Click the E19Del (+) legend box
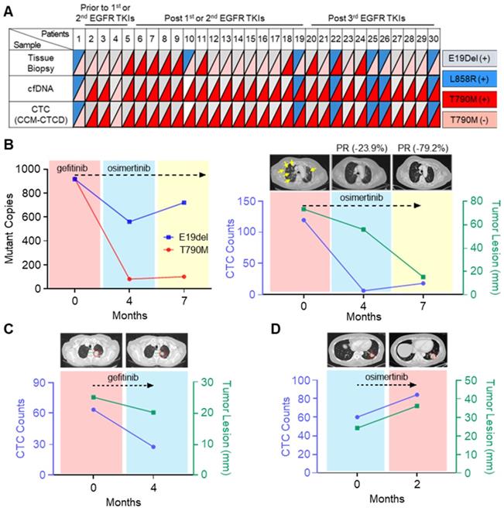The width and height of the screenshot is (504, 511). [x=471, y=59]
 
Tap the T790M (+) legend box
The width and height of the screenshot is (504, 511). [x=471, y=98]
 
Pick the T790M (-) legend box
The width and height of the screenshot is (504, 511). [x=471, y=118]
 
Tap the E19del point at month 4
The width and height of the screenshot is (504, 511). [x=129, y=221]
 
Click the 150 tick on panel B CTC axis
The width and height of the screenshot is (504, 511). [x=260, y=201]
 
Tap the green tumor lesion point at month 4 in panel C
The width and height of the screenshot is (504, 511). [x=153, y=412]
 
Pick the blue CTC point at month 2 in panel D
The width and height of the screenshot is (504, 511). [x=417, y=395]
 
